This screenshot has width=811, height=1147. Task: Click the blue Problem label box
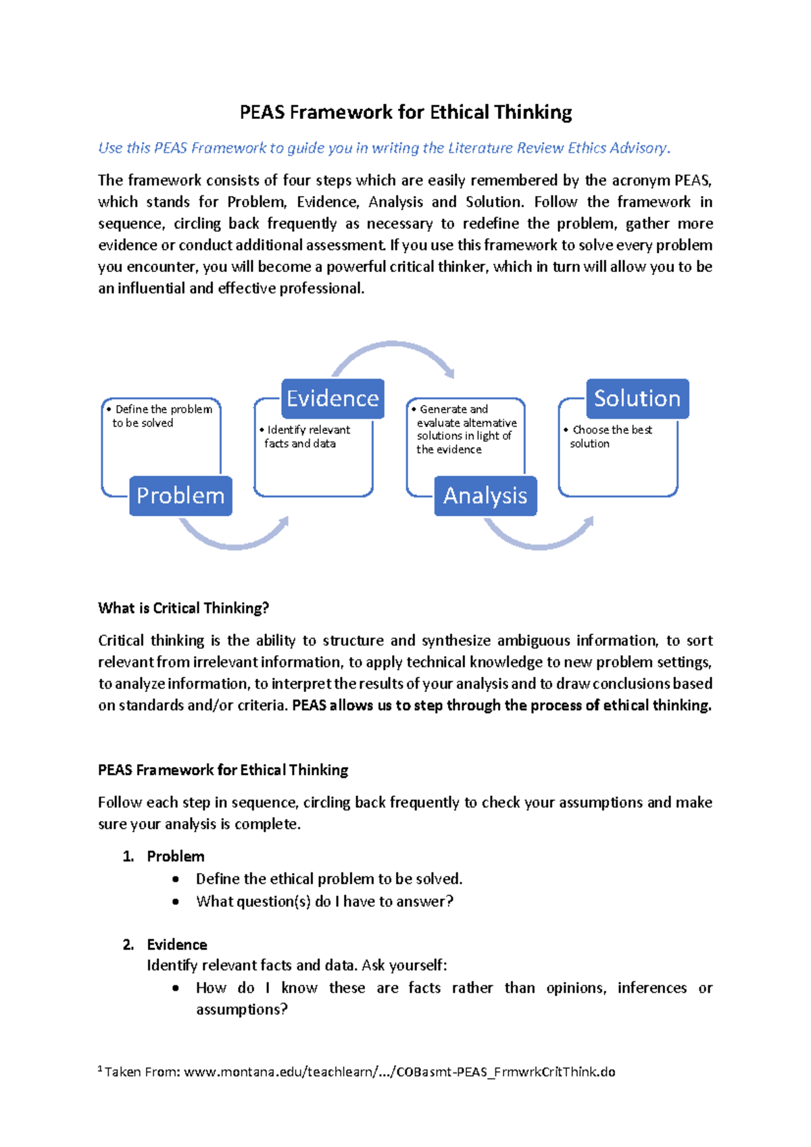click(x=180, y=496)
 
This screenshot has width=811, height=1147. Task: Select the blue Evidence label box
click(x=333, y=398)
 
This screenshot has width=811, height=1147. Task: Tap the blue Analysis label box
click(x=485, y=496)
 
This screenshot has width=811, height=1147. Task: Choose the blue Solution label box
click(x=637, y=398)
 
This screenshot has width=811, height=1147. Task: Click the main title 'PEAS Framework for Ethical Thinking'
click(x=405, y=112)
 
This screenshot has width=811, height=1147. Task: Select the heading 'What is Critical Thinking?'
click(x=183, y=608)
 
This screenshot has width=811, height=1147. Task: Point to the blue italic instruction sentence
click(x=384, y=148)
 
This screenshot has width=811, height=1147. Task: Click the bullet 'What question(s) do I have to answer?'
click(x=324, y=902)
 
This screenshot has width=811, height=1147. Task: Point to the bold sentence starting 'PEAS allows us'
click(x=501, y=705)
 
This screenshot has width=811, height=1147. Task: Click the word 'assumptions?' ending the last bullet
click(x=242, y=1010)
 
